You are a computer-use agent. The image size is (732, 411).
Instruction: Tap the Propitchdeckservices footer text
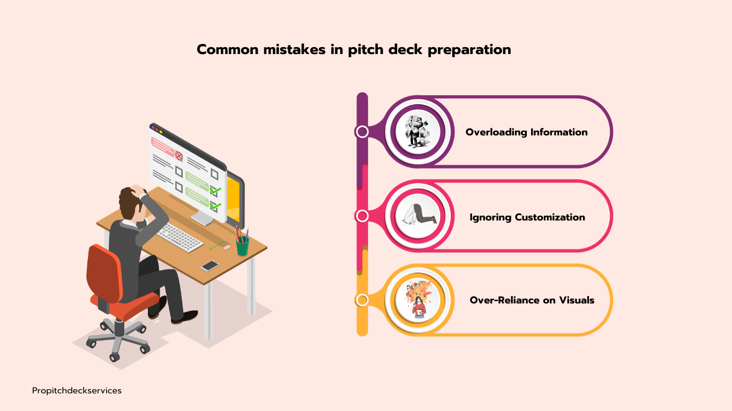(x=77, y=391)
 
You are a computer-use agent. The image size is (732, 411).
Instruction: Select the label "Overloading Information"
(x=526, y=132)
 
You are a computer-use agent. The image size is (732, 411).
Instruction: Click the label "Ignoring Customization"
(x=527, y=217)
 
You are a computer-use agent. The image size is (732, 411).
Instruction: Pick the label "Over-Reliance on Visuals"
(x=532, y=300)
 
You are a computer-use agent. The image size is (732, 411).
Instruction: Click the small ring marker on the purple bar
(x=362, y=132)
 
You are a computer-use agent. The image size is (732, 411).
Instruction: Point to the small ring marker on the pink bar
(x=362, y=216)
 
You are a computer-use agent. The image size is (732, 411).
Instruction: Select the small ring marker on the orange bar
(x=362, y=300)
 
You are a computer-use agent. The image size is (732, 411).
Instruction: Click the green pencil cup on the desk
(x=243, y=246)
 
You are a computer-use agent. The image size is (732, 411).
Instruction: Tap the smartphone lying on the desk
(x=210, y=265)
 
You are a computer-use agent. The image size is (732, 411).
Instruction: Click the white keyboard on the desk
(x=180, y=237)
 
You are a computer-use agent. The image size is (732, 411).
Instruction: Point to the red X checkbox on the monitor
(x=179, y=156)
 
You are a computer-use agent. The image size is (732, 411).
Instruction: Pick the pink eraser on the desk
(x=226, y=248)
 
